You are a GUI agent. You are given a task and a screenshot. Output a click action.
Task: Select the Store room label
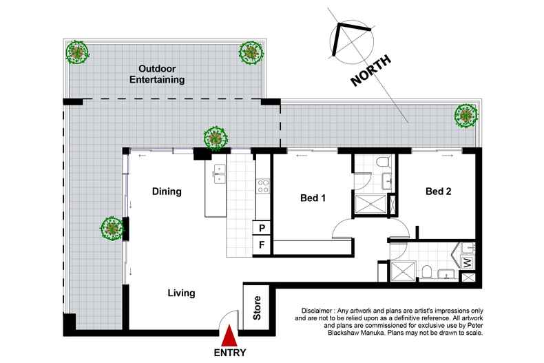tap(256, 308)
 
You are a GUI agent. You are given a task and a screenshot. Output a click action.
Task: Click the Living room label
tap(181, 293)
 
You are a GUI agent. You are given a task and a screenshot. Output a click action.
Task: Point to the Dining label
tap(167, 191)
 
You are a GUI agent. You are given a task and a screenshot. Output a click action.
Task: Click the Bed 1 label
tap(313, 198)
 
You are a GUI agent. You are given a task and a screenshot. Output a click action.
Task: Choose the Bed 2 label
tap(438, 191)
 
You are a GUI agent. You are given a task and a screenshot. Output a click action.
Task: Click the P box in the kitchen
tap(262, 228)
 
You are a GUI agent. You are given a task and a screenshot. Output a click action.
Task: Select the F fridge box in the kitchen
tap(262, 245)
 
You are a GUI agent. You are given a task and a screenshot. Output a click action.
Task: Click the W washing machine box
tap(466, 263)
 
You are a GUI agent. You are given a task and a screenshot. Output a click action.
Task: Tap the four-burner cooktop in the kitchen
tap(262, 185)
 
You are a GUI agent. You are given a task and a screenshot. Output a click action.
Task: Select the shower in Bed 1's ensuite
tap(369, 205)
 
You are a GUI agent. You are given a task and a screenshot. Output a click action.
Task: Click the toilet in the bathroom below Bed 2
tap(428, 271)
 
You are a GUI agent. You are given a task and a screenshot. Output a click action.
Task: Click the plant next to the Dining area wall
tap(112, 227)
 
